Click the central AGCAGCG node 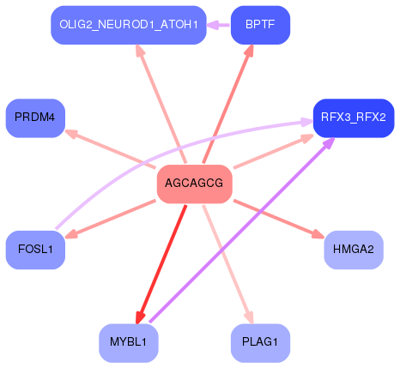click(x=195, y=184)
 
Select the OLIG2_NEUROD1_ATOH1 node click(x=129, y=25)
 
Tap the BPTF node click(x=260, y=25)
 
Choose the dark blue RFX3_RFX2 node click(x=353, y=117)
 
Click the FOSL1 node click(x=35, y=250)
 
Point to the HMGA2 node click(x=353, y=250)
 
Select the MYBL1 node click(x=129, y=342)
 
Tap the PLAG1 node click(x=260, y=342)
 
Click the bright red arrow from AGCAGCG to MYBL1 click(x=162, y=262)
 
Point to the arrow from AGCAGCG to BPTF click(x=227, y=106)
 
